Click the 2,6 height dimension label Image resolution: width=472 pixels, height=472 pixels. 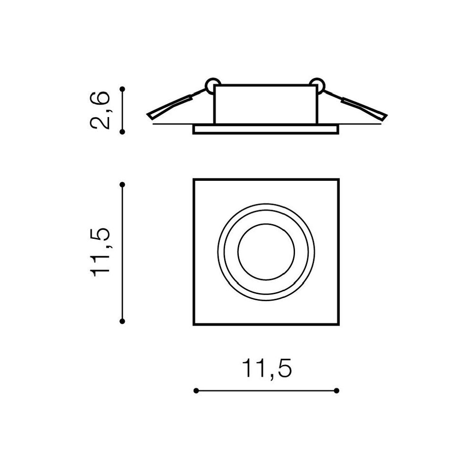[100, 110]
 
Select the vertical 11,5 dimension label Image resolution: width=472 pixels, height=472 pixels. [100, 252]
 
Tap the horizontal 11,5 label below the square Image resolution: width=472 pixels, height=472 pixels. [267, 368]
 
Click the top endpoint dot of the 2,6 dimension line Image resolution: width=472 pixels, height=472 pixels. [122, 89]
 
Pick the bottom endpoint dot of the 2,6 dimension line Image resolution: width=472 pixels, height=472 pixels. [122, 132]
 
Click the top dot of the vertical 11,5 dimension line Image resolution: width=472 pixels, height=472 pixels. [122, 185]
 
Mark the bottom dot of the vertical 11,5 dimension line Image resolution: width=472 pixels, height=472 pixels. [122, 321]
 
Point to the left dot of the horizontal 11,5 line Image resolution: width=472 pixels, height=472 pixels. [196, 391]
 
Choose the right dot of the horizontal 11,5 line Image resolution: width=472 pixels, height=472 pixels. [337, 391]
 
